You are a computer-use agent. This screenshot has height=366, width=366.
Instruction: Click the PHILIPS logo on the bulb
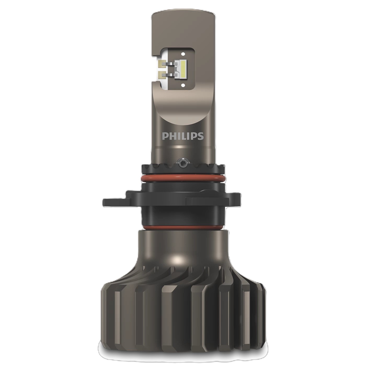click(x=183, y=136)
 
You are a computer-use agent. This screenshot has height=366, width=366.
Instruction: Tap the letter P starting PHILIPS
click(x=164, y=136)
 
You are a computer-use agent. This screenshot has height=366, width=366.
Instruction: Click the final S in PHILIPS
click(x=201, y=136)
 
